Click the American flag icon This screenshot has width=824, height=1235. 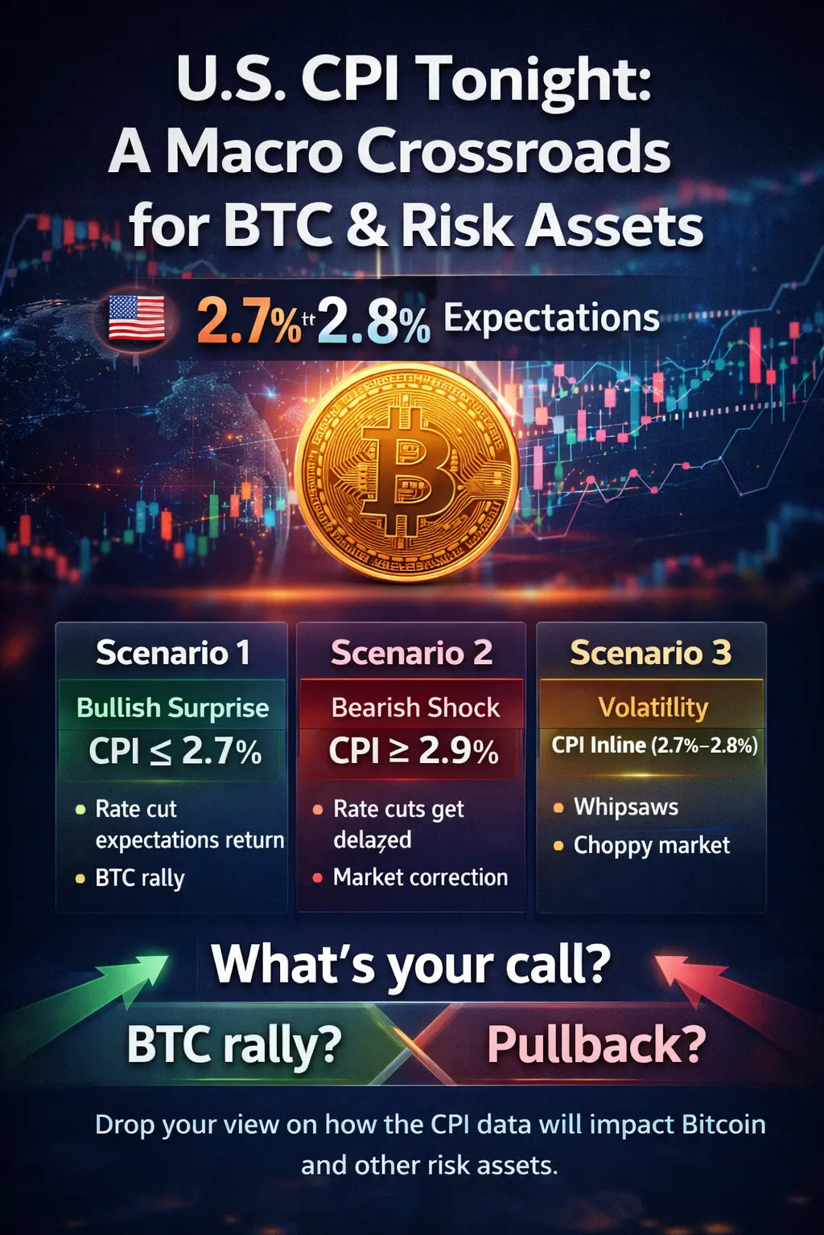[x=136, y=318]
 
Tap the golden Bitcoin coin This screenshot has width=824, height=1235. [x=407, y=472]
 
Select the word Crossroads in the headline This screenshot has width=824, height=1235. [x=513, y=151]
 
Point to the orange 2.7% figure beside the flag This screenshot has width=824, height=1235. [x=247, y=321]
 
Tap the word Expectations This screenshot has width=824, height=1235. [x=551, y=318]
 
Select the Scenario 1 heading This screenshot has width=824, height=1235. [x=172, y=652]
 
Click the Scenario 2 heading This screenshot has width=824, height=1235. [x=411, y=652]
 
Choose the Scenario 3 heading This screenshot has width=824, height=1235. [x=650, y=652]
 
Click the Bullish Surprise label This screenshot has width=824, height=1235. [x=172, y=708]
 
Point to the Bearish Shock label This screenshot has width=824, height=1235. [x=415, y=708]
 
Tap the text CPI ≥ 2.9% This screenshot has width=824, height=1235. [x=414, y=751]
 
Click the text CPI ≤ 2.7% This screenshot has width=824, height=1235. [x=175, y=751]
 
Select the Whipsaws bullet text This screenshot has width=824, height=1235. [x=626, y=806]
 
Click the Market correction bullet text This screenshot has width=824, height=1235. [x=420, y=877]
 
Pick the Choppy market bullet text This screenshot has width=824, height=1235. [x=652, y=845]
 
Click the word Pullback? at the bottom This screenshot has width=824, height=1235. [x=596, y=1044]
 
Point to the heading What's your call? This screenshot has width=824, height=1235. [x=411, y=964]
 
